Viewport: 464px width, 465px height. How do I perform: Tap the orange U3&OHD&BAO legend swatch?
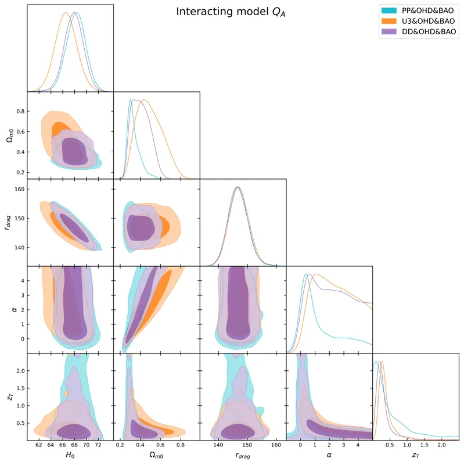(x=387, y=22)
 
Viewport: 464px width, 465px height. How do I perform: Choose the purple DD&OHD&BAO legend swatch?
(x=387, y=33)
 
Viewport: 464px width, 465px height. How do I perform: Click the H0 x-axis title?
(x=70, y=456)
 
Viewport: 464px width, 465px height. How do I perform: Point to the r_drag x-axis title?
(x=243, y=456)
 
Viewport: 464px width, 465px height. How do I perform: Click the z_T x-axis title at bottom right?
(x=416, y=456)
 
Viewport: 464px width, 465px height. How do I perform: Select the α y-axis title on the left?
(x=8, y=309)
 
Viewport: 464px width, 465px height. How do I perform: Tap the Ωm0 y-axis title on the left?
(x=8, y=135)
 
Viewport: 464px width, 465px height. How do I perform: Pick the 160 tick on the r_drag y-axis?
(x=19, y=189)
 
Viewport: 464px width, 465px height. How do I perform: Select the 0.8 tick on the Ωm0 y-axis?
(x=20, y=111)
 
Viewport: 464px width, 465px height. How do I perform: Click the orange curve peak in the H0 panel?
(x=66, y=13)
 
